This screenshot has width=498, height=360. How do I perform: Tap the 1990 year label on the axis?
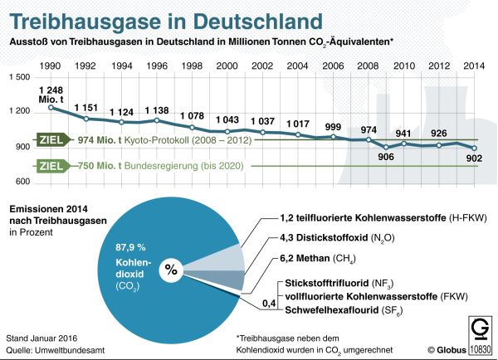click(50, 66)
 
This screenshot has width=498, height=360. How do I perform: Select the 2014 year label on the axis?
click(475, 66)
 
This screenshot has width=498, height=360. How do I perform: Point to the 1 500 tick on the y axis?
click(19, 77)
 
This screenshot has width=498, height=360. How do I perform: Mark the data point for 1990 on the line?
click(51, 107)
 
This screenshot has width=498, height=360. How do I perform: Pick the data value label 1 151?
click(86, 108)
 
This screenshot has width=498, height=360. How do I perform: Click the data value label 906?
click(385, 158)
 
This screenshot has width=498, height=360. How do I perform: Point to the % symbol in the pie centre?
click(172, 268)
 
